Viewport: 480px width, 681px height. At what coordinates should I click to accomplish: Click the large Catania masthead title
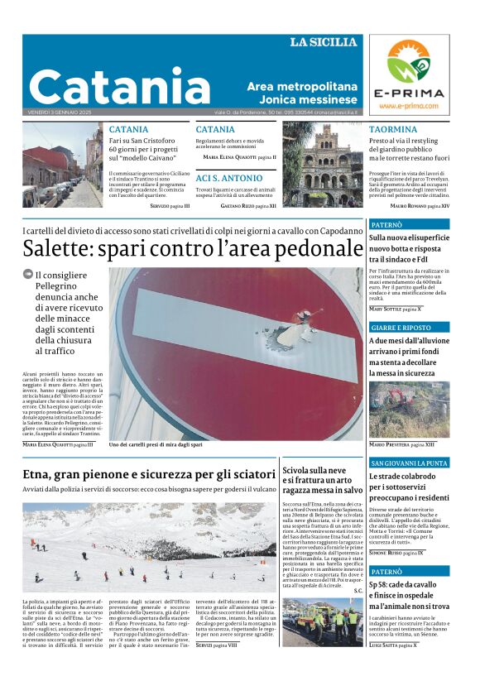120,86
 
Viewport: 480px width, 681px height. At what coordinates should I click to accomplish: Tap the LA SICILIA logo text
324,42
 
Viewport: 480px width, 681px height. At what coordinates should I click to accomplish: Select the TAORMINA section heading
393,130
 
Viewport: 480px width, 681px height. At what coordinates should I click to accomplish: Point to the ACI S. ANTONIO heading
228,178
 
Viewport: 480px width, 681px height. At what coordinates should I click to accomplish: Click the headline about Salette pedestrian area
193,248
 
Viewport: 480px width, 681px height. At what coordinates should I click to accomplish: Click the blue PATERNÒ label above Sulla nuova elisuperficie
386,224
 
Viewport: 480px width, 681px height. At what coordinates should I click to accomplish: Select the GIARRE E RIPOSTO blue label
401,328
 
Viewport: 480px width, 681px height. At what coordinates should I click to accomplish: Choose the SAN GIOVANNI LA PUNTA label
409,463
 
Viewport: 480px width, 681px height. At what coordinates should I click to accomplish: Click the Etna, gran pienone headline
149,474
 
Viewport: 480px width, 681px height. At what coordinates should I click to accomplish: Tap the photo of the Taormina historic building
323,165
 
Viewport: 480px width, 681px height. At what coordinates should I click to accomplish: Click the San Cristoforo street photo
62,165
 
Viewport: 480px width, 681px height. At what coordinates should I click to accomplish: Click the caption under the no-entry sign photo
156,444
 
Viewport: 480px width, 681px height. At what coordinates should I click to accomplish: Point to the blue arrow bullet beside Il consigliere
28,275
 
